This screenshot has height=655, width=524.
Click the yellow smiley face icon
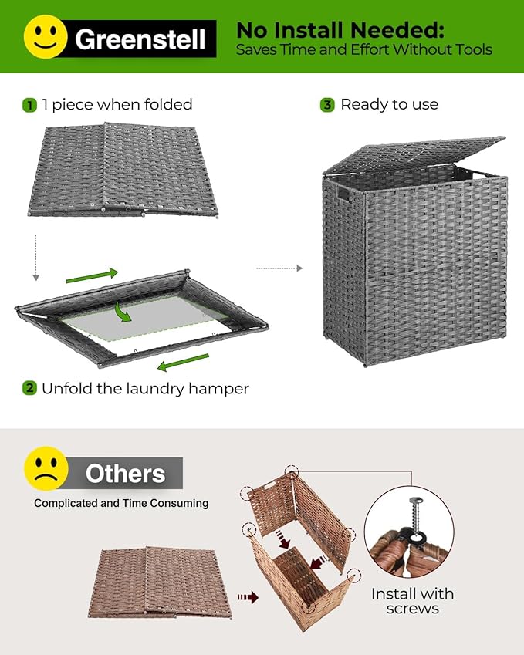click(x=46, y=36)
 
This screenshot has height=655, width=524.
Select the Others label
click(x=125, y=473)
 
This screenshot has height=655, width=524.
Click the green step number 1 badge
click(x=29, y=105)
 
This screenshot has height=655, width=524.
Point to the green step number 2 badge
click(x=29, y=388)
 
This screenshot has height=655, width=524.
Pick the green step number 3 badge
click(x=327, y=105)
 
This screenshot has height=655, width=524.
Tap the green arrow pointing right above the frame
click(x=93, y=275)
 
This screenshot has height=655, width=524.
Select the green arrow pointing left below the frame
click(x=183, y=362)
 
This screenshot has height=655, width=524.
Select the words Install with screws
click(x=412, y=601)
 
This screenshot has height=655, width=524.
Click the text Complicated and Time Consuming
click(x=121, y=503)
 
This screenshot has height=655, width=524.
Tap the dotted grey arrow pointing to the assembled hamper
click(x=278, y=268)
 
